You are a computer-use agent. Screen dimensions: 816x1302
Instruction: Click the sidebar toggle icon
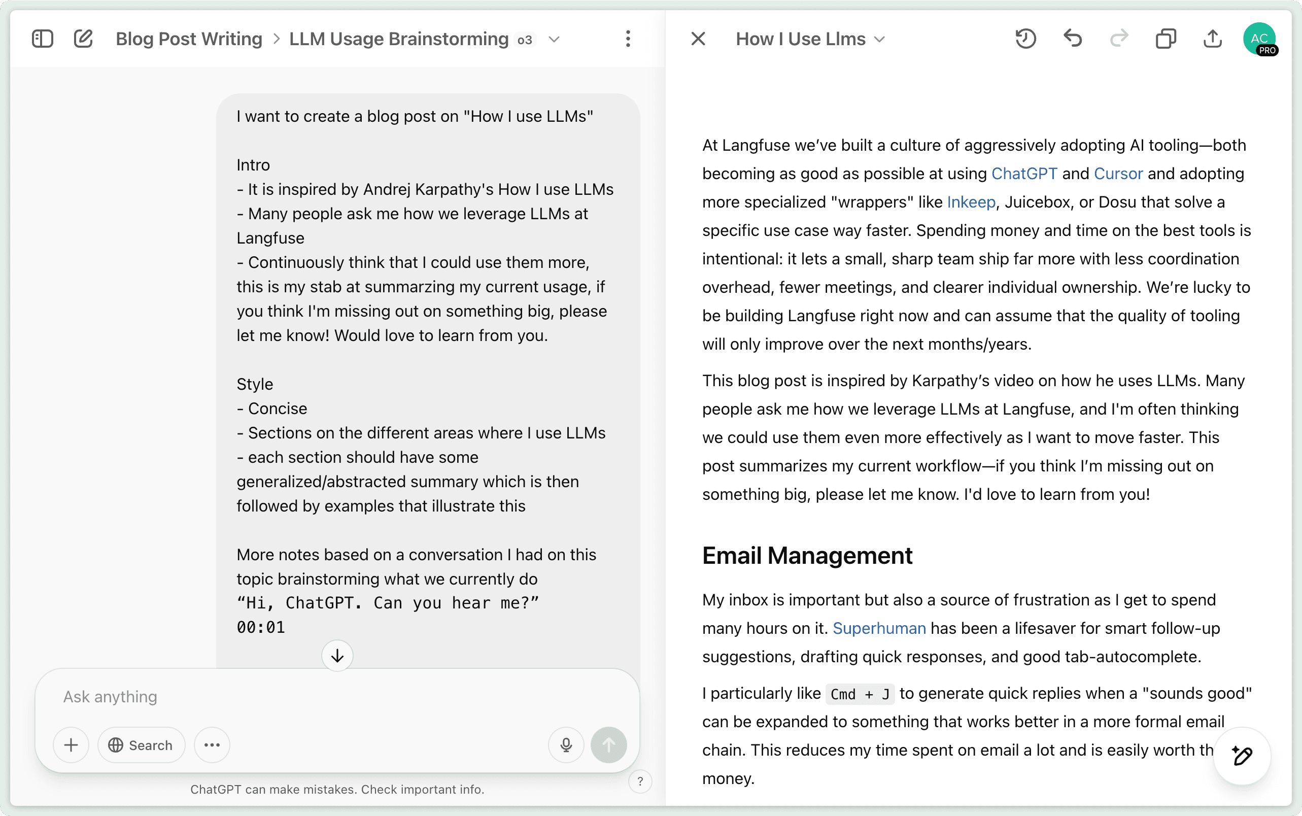42,39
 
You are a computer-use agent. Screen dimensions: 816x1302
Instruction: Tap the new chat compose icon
83,39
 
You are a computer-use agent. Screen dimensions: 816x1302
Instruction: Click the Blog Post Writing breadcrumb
189,39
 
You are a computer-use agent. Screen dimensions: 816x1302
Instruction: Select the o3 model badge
525,40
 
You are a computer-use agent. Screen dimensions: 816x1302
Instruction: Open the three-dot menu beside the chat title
628,39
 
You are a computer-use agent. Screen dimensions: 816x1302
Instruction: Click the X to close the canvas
698,39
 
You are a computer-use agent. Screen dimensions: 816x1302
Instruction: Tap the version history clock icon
1025,39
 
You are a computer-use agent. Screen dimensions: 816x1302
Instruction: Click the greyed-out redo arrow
1119,39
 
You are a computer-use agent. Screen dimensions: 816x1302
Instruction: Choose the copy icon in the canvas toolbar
1166,39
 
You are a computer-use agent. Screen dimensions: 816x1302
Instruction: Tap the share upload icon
1212,39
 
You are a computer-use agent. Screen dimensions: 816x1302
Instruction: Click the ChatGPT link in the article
1023,174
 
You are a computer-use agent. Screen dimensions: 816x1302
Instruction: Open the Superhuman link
879,628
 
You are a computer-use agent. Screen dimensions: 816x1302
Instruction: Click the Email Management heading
807,556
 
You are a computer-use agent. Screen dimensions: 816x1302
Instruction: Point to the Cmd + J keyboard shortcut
860,694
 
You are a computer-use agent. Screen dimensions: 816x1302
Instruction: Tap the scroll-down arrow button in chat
337,656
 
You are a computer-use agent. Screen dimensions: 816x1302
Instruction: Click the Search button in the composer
141,745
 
